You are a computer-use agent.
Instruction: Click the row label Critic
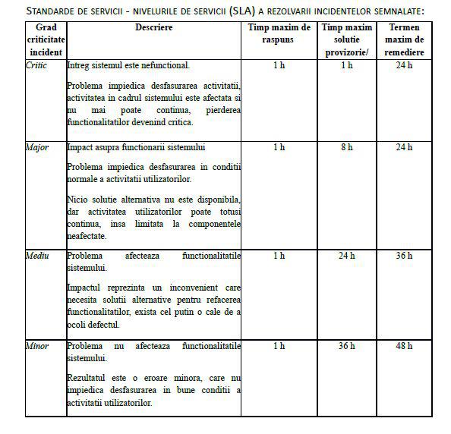coord(36,66)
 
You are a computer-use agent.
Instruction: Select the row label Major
coord(37,147)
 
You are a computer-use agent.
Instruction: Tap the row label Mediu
coord(38,256)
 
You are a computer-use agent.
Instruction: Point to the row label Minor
coord(37,346)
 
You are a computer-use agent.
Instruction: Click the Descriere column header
coord(154,28)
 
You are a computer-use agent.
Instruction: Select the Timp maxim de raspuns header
coord(279,33)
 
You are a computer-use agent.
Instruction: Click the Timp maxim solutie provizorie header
coord(346,39)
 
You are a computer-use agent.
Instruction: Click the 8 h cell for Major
coord(347,147)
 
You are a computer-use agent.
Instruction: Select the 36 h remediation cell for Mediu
coord(404,256)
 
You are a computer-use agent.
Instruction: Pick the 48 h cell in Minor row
coord(404,346)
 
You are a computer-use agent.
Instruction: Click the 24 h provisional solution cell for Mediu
coord(347,256)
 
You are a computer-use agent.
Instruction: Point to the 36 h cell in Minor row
coord(347,346)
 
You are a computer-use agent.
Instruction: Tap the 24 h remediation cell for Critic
coord(404,66)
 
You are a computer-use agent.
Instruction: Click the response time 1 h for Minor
coord(279,346)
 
